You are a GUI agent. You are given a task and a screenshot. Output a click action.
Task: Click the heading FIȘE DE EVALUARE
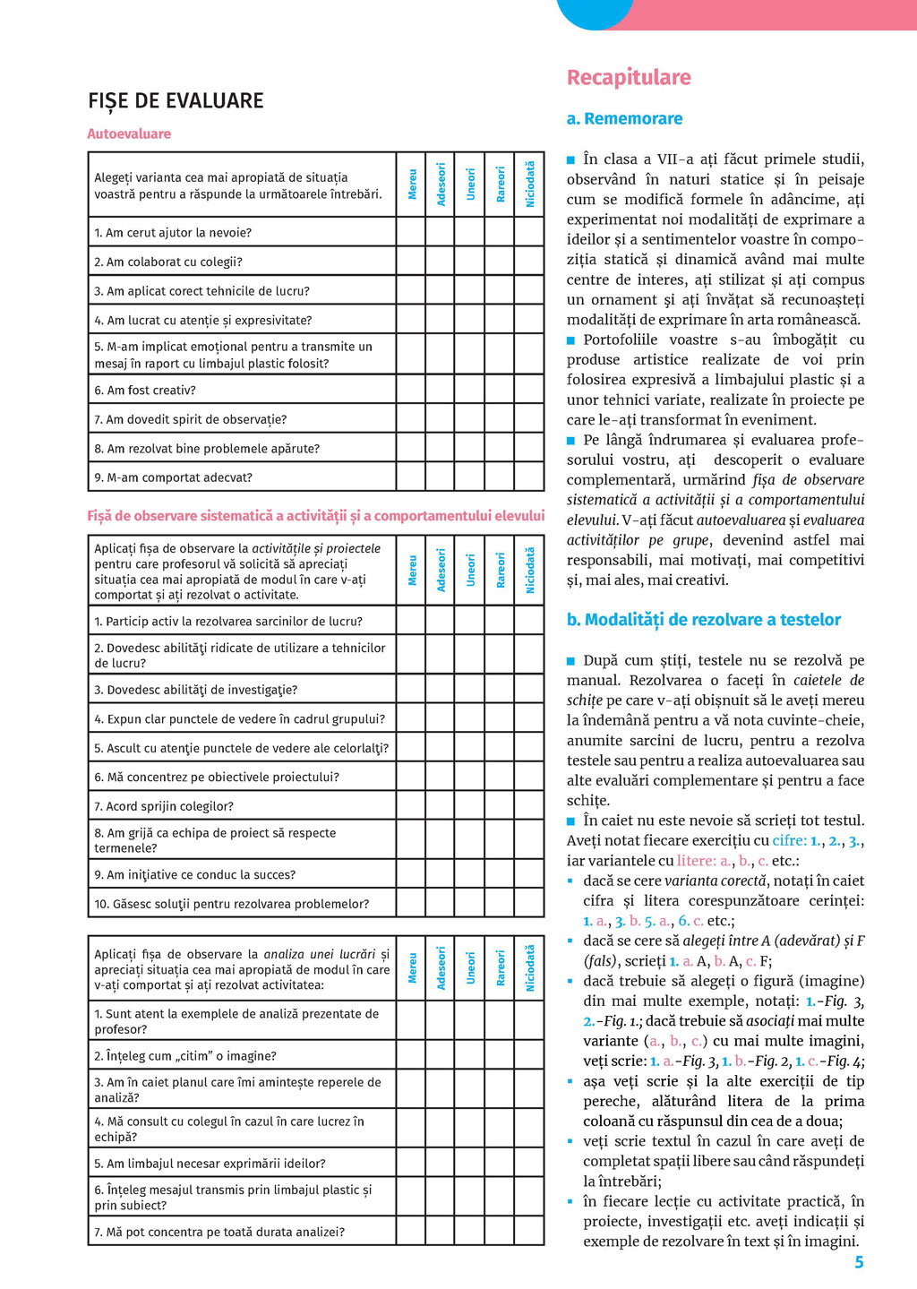point(176,100)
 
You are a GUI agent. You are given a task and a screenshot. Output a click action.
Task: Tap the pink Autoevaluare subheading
point(129,133)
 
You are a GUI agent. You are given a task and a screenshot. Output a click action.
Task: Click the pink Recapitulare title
point(629,78)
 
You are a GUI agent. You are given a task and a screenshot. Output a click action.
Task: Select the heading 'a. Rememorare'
point(624,118)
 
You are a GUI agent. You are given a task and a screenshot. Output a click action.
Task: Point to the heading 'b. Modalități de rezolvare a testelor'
point(703,620)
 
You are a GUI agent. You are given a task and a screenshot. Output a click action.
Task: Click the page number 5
point(859,1262)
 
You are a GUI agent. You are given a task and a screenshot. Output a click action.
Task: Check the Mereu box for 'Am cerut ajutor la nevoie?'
point(411,232)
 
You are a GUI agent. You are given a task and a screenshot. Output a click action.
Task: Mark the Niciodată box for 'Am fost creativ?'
point(529,390)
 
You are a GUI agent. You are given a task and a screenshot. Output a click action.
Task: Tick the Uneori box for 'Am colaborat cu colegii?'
point(470,262)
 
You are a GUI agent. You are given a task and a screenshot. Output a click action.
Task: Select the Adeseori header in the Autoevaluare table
point(441,184)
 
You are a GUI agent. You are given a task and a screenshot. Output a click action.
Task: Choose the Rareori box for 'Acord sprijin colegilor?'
point(500,805)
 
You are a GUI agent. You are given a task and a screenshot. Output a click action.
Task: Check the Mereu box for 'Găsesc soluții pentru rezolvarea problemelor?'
point(411,903)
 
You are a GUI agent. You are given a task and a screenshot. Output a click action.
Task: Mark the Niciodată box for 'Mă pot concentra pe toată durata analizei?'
point(529,1232)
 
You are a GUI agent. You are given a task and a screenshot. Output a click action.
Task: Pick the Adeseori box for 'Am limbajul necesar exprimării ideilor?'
point(441,1163)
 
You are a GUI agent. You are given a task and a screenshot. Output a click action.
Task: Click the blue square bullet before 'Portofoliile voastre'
point(571,340)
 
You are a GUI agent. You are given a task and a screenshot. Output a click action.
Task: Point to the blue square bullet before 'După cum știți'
point(571,661)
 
